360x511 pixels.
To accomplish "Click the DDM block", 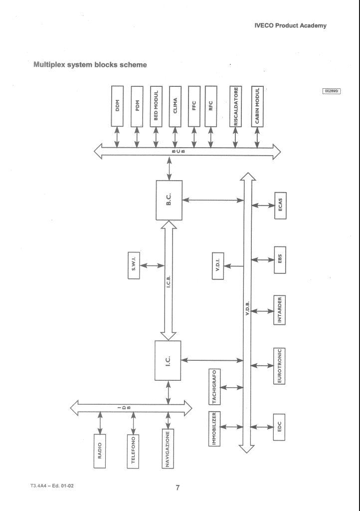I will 118,106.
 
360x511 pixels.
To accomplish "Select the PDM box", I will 137,106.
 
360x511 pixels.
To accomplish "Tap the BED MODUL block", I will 156,106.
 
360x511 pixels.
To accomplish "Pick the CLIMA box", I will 175,106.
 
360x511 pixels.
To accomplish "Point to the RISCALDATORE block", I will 235,106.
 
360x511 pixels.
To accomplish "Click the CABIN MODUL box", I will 258,106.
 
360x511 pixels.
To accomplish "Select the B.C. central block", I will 169,200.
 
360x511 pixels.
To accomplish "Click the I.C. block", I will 168,360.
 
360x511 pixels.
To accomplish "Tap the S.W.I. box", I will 134,264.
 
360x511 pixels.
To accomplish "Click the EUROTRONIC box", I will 280,366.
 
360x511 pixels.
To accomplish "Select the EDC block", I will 280,427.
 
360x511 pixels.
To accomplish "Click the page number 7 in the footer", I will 178,488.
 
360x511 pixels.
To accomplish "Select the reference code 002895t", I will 331,91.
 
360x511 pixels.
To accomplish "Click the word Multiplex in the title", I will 49,64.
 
